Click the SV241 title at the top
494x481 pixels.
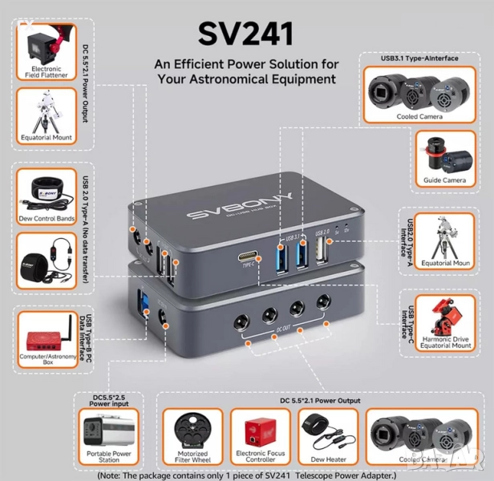[247, 34]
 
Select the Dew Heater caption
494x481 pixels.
[327, 460]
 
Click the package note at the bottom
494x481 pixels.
[247, 475]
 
